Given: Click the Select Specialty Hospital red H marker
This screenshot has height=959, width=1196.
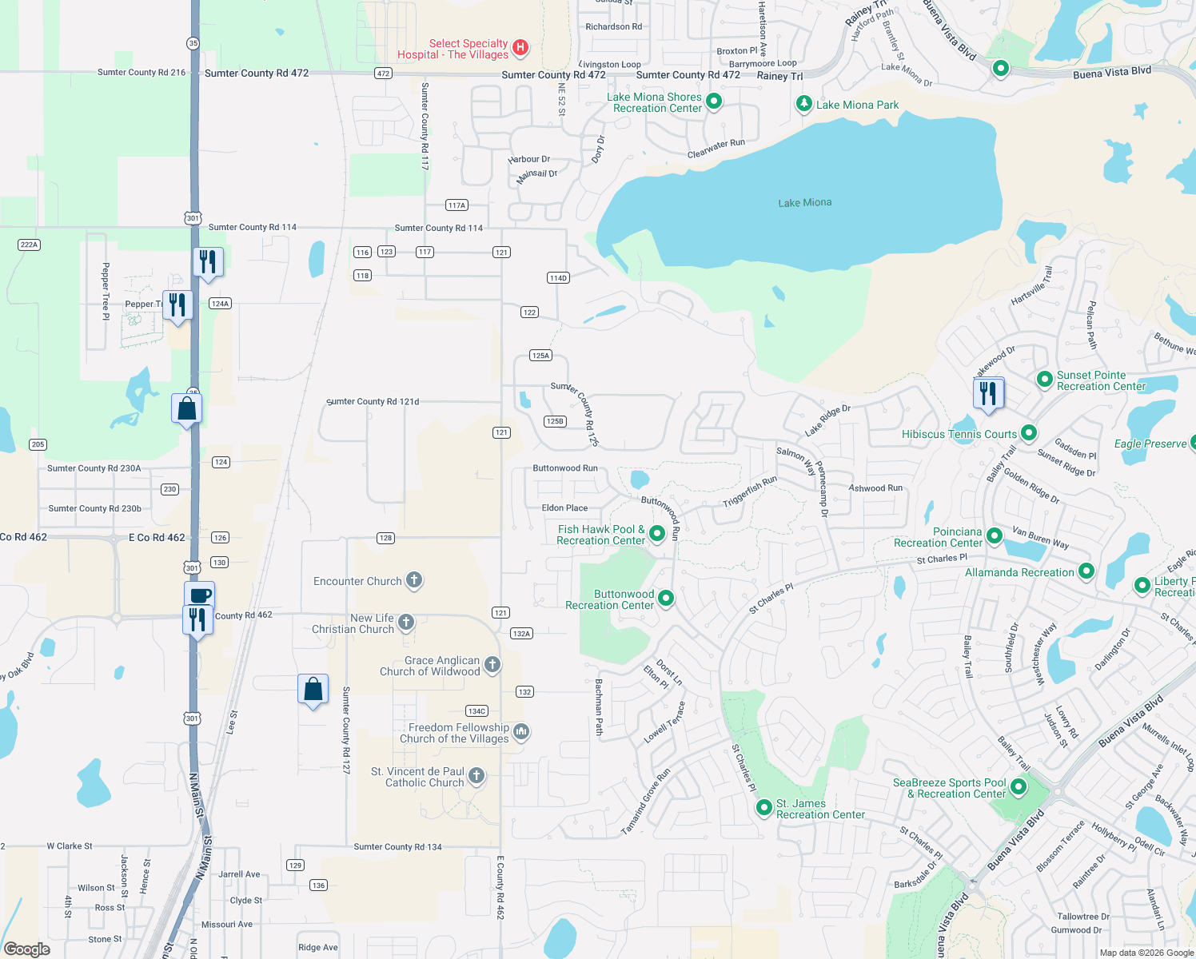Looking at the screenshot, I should point(520,48).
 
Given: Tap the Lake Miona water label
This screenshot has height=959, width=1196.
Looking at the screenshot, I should point(804,203).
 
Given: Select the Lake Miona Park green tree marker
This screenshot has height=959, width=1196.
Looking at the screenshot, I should point(804,104).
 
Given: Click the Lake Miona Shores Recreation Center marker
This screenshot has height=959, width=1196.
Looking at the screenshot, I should point(714,101).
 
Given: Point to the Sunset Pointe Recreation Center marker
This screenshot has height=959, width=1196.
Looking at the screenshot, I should point(1044,380).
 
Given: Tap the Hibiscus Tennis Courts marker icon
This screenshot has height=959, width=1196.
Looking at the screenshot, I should point(1029,433).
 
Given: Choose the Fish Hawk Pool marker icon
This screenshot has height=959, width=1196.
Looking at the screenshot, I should point(657,533).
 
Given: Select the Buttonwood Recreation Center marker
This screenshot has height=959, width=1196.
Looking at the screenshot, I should point(665,599).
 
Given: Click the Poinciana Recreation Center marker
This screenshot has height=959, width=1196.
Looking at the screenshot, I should point(994,535).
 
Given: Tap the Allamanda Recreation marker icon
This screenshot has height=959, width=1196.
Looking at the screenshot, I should point(1086,571).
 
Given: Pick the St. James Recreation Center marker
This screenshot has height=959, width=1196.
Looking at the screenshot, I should point(763,808).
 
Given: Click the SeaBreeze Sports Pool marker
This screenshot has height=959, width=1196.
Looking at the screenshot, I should point(1018,787).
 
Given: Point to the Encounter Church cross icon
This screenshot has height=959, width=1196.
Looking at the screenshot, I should point(413,580).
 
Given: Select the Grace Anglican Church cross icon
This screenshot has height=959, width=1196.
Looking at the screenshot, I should point(492,664).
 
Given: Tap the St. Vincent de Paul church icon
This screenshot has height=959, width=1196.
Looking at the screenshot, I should point(476,775).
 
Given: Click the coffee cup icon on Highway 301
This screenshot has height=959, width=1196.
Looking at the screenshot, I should point(200,595).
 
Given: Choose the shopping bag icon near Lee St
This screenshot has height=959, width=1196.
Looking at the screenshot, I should point(313,689).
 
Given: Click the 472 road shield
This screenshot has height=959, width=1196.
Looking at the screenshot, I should point(383,73).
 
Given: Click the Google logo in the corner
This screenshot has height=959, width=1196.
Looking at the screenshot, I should point(27,949).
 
